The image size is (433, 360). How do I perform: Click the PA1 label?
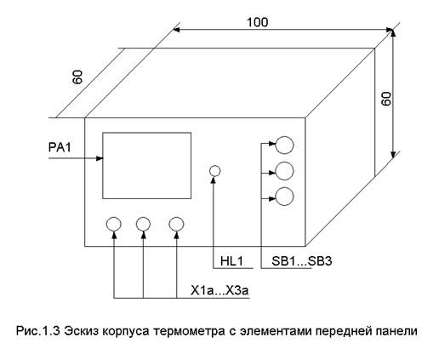[60, 147]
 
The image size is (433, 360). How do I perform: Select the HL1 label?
[232, 261]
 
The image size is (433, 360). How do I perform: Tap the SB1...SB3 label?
[302, 261]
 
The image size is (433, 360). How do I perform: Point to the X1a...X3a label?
[219, 290]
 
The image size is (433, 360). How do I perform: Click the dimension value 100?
[258, 22]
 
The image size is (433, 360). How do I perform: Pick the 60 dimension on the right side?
[387, 99]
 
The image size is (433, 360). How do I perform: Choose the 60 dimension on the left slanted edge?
[77, 77]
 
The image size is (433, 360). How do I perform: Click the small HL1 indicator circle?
[214, 171]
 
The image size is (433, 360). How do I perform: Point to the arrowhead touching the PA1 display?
[100, 158]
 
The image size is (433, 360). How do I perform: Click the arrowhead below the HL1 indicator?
[214, 180]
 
